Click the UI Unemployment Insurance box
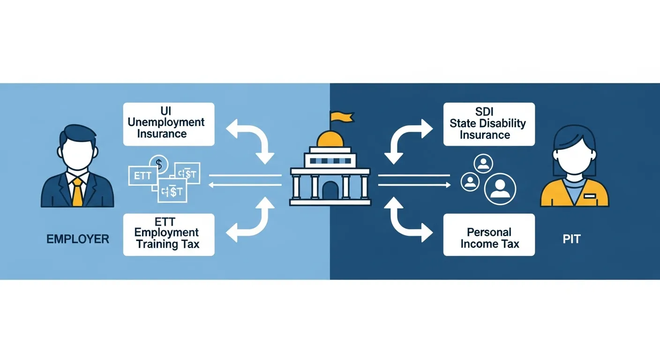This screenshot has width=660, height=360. tap(169, 124)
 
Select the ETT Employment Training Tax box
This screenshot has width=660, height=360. tap(169, 234)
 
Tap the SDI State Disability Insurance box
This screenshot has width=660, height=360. tap(489, 124)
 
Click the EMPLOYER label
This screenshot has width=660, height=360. tap(78, 239)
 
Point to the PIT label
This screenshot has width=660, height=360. tap(571, 239)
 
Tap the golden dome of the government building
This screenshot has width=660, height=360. tap(330, 139)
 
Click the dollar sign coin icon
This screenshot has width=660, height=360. tap(159, 165)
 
